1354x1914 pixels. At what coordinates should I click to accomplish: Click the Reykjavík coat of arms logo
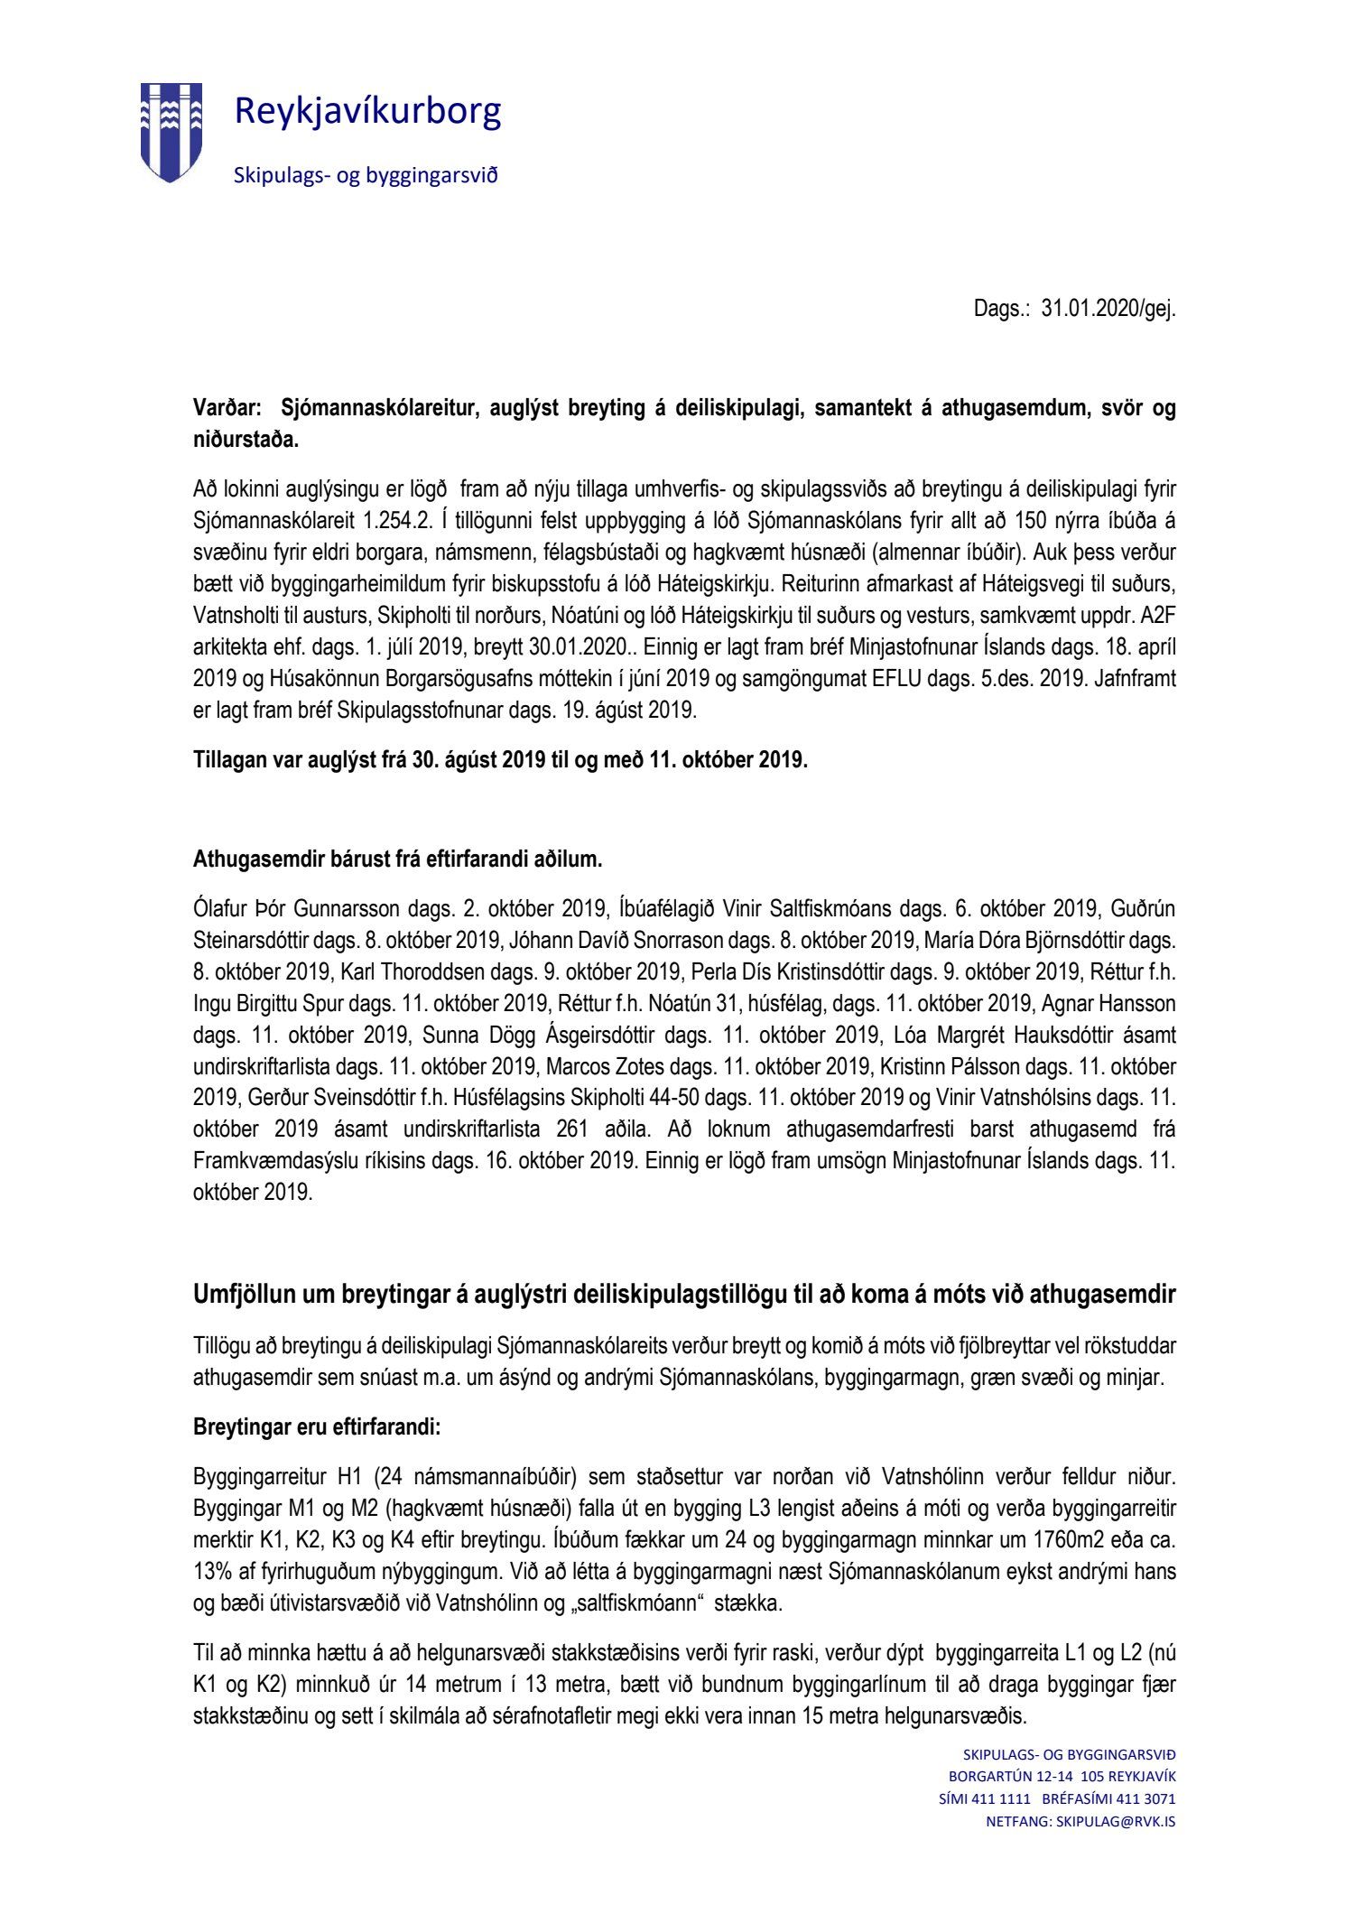[171, 132]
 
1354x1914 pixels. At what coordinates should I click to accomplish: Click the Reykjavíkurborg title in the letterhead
[367, 112]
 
